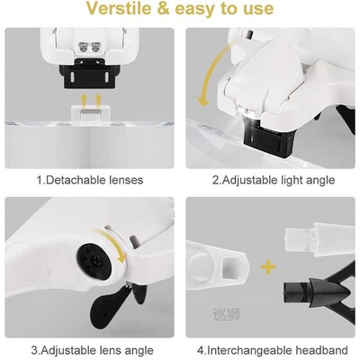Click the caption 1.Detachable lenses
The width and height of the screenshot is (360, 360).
88,180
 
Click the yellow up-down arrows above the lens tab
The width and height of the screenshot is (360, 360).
86,98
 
